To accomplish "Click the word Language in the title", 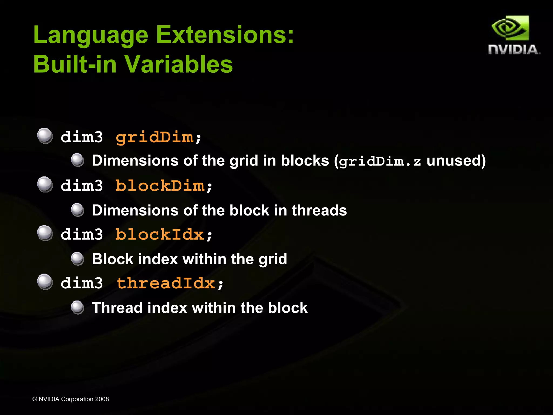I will [x=90, y=35].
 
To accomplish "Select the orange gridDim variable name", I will [x=154, y=137].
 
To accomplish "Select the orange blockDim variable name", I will [x=160, y=186].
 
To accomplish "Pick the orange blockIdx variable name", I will [x=160, y=234].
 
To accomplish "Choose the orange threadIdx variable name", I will [x=166, y=283].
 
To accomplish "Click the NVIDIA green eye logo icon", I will [x=510, y=28].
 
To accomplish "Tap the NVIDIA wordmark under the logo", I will [x=514, y=50].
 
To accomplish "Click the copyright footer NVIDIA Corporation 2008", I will [x=70, y=399].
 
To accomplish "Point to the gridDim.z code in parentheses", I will [x=380, y=161].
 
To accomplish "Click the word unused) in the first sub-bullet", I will [x=456, y=161].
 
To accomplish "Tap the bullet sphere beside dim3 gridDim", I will [x=45, y=136].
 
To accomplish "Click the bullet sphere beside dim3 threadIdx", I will [x=45, y=282].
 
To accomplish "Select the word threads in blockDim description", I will [x=319, y=210].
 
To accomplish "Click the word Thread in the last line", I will [x=117, y=308].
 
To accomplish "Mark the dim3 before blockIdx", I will [x=82, y=234].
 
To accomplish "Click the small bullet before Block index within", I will [x=77, y=259].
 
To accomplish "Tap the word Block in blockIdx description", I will [x=113, y=259].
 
